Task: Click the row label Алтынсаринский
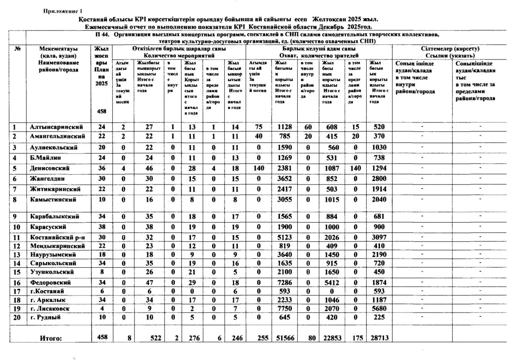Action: click(56, 127)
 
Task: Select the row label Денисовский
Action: click(50, 168)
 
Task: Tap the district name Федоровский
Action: click(51, 282)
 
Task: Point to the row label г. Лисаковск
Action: click(50, 308)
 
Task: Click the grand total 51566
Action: click(285, 338)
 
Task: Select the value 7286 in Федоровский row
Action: click(284, 282)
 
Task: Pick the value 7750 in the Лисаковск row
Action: click(284, 308)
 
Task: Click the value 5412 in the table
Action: click(332, 282)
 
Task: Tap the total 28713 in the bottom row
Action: click(380, 338)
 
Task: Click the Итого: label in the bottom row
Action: click(51, 338)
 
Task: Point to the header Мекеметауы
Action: click(59, 49)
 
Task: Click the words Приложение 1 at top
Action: click(60, 11)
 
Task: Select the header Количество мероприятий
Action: click(179, 56)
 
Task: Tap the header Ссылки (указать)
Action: click(450, 56)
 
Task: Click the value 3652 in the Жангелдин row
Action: click(284, 179)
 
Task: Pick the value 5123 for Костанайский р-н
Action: click(284, 237)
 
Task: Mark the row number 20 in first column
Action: click(17, 317)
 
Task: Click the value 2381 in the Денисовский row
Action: click(284, 168)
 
